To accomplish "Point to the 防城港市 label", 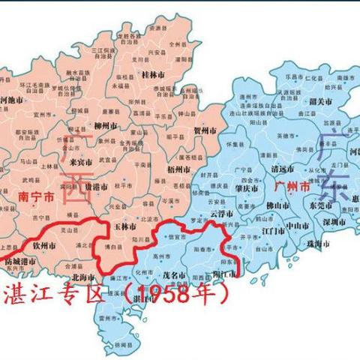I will click(20, 261).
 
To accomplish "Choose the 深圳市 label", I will click(328, 223).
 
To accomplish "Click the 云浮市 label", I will click(221, 214).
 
